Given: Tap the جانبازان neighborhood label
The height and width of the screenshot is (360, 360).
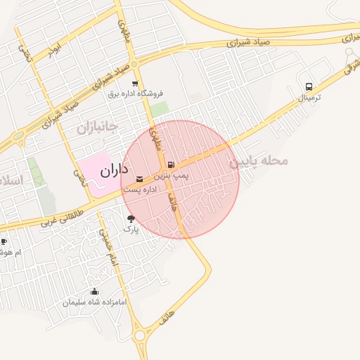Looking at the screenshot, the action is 96,127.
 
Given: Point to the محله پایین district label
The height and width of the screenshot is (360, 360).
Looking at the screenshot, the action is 259,161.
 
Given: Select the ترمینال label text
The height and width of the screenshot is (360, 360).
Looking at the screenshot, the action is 309,98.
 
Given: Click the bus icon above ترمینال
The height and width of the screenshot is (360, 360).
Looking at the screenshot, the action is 309,87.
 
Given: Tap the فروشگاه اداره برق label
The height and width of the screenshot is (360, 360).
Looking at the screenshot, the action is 135,93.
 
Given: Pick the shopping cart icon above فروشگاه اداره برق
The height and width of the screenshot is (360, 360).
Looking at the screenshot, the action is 134,82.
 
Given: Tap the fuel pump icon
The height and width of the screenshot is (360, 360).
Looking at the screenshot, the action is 172,167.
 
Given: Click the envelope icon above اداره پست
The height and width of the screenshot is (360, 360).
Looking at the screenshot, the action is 139,179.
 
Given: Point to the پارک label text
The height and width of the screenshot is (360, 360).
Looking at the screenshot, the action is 131,229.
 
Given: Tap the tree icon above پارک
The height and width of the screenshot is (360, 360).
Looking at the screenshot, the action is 131,219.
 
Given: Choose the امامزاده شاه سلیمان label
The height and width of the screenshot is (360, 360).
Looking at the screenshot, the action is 94,302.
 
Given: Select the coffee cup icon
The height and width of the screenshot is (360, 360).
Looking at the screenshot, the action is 4,243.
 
